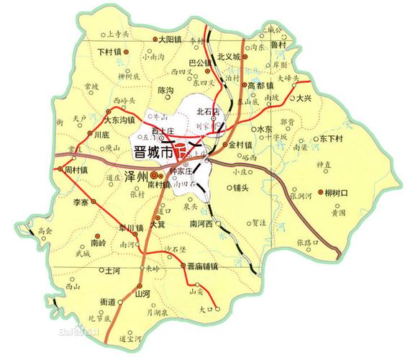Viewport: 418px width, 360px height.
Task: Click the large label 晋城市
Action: point(154,153)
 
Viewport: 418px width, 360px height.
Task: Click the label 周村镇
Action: point(76,171)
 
